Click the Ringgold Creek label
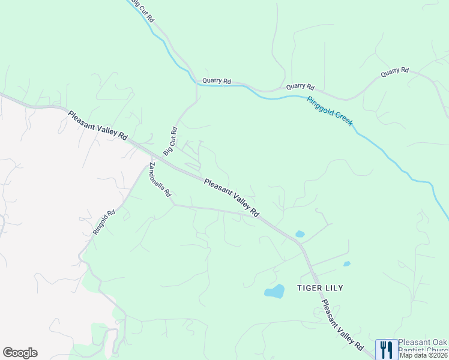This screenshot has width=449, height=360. (330, 111)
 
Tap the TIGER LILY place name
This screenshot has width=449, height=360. (320, 288)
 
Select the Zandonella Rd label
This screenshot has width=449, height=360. (161, 180)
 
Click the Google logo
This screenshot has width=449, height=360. (20, 353)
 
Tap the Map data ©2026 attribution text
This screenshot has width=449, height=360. (424, 355)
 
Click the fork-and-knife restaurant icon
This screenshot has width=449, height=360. (386, 350)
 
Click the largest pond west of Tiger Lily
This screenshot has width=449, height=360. (274, 292)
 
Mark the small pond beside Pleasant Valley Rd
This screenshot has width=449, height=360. (300, 234)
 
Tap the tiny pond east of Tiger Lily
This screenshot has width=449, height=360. (346, 263)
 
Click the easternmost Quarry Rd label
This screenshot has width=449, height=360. (394, 73)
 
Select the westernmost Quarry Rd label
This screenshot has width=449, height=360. (217, 80)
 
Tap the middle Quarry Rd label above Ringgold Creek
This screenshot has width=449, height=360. (300, 87)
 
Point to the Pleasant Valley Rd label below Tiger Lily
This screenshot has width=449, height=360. (342, 325)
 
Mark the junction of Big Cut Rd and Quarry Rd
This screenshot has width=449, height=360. (196, 84)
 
